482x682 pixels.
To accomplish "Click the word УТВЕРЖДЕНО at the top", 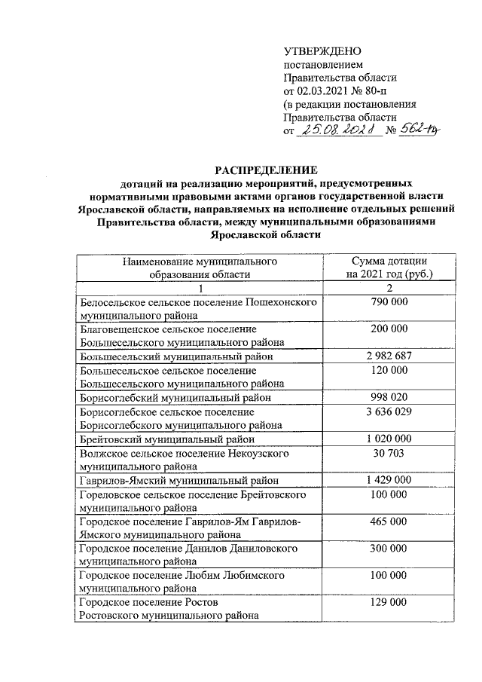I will (x=317, y=50).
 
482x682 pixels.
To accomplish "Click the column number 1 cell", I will (x=200, y=289).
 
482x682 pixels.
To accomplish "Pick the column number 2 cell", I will (x=389, y=289).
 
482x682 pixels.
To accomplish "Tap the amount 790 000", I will (x=389, y=302).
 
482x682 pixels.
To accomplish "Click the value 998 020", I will (x=389, y=396).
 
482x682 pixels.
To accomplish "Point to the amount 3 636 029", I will (x=389, y=411).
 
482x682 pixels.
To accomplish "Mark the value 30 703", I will (x=389, y=454).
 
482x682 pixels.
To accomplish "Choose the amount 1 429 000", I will (x=389, y=480).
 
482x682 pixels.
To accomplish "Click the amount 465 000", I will (x=389, y=521).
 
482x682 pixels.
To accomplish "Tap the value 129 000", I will (x=389, y=604).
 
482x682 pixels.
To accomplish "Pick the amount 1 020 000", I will (x=389, y=439).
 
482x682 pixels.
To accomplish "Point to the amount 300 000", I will (x=389, y=549).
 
